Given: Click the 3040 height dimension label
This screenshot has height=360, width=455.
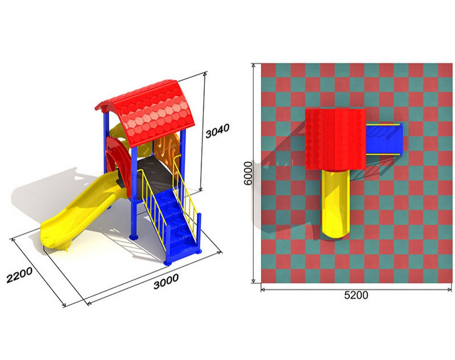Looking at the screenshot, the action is point(217,130).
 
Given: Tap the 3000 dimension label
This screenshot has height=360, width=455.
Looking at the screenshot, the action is point(166,281).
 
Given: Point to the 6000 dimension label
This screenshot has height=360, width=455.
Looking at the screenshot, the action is point(248,173).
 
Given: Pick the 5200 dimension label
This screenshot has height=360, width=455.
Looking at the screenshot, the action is point(356,295).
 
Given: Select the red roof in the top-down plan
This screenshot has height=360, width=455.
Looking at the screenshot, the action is point(335,139).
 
